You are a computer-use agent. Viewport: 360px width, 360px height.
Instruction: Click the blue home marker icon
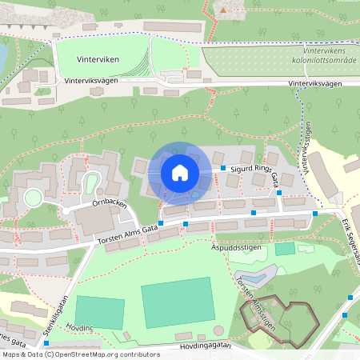180,172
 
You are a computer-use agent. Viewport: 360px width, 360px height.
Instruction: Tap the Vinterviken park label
98,60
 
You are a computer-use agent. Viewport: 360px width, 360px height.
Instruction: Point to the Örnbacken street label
109,204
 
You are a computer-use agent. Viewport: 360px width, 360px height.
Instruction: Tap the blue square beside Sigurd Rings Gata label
223,168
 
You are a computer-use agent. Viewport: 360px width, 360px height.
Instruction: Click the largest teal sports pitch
178,302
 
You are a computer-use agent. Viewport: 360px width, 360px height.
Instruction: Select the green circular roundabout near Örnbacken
33,198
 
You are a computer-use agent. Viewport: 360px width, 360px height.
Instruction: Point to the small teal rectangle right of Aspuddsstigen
285,249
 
